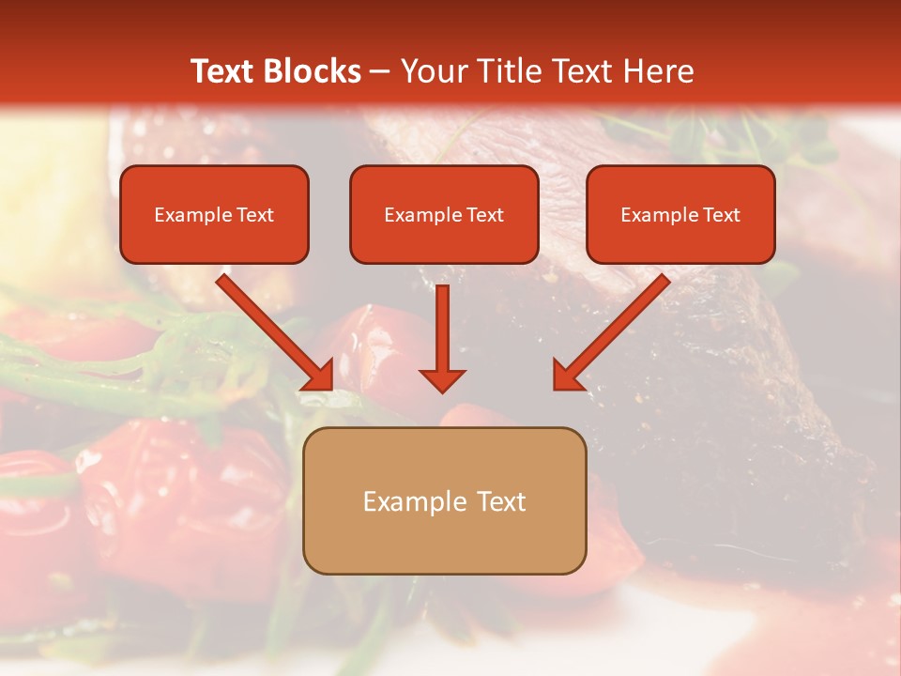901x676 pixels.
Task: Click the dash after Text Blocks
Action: pos(380,72)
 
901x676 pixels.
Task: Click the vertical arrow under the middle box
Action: pos(442,333)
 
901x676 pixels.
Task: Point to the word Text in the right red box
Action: pos(721,215)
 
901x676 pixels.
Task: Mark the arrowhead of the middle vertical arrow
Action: pos(442,379)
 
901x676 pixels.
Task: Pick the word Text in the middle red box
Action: pos(484,215)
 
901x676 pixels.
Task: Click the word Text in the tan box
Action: pos(502,501)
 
